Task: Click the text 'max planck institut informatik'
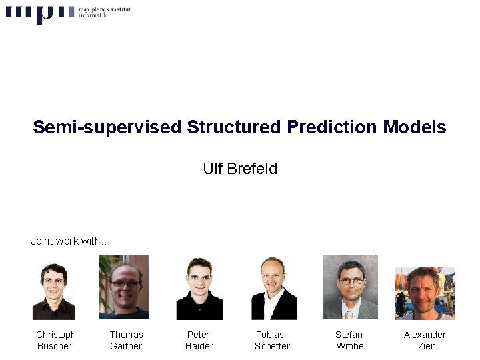104,12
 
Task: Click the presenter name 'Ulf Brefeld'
240,169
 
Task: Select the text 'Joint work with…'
71,241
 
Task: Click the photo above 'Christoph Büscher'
54,291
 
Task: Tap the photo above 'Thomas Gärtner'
124,287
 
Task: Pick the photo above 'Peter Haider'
199,289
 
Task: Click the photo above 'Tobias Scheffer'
273,288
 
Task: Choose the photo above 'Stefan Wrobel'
350,287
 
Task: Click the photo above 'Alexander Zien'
425,293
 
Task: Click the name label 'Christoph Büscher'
55,340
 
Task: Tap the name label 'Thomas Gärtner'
126,340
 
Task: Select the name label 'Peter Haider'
199,340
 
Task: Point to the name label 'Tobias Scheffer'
272,340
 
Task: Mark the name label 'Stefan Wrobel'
350,340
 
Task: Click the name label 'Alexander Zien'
425,340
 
